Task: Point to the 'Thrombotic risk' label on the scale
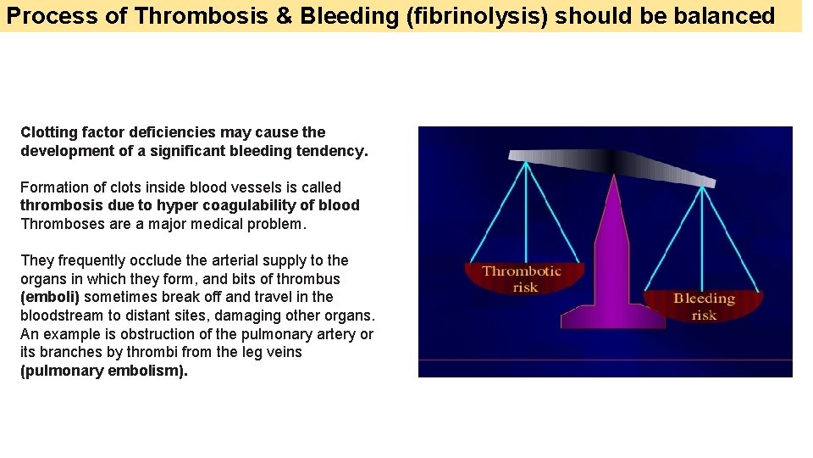coord(522,279)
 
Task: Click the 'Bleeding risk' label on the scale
coord(704,306)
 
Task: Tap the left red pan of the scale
coord(524,280)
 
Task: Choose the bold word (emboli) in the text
coord(50,297)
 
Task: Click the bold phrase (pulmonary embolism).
coord(103,371)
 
